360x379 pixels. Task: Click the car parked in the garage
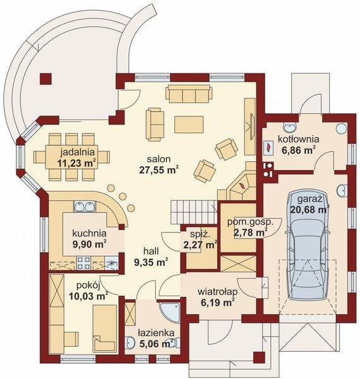(308, 244)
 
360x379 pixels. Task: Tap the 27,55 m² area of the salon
(159, 170)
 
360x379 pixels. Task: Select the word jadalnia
(77, 152)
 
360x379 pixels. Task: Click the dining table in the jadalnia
(71, 157)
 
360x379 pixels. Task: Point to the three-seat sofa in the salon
(189, 93)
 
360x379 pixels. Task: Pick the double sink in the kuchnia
(85, 207)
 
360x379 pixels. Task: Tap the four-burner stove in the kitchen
(83, 263)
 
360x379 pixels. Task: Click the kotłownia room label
(298, 139)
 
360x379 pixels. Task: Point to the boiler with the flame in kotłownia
(268, 147)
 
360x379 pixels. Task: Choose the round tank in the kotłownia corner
(342, 128)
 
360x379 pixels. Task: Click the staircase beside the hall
(194, 212)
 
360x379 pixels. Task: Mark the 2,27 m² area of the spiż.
(200, 245)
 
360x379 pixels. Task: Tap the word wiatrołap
(217, 292)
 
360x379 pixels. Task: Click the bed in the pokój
(105, 328)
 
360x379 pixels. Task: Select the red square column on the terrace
(45, 78)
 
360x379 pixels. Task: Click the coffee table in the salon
(189, 124)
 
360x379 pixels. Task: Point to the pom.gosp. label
(250, 222)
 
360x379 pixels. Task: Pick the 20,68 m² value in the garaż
(310, 209)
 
